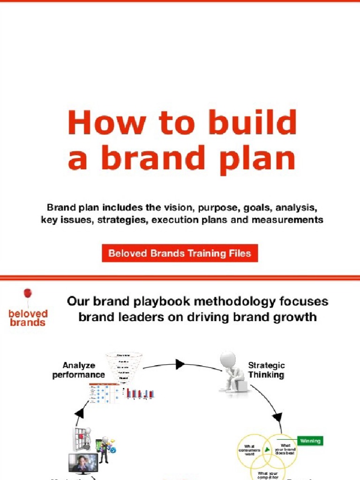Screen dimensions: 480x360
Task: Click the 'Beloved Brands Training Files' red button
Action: tap(180, 254)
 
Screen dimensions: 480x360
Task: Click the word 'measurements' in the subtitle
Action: tap(294, 219)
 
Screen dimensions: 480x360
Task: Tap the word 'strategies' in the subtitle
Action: tap(123, 219)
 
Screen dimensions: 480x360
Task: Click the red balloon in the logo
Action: tap(28, 294)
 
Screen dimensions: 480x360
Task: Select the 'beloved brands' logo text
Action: tap(28, 318)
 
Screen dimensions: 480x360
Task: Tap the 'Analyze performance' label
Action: tap(78, 370)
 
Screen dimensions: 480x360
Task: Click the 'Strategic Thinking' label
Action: tap(266, 370)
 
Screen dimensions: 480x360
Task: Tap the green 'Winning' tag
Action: tap(310, 441)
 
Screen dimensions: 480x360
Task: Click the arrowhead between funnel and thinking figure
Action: tap(180, 364)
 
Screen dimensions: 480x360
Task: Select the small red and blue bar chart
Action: tap(141, 394)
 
